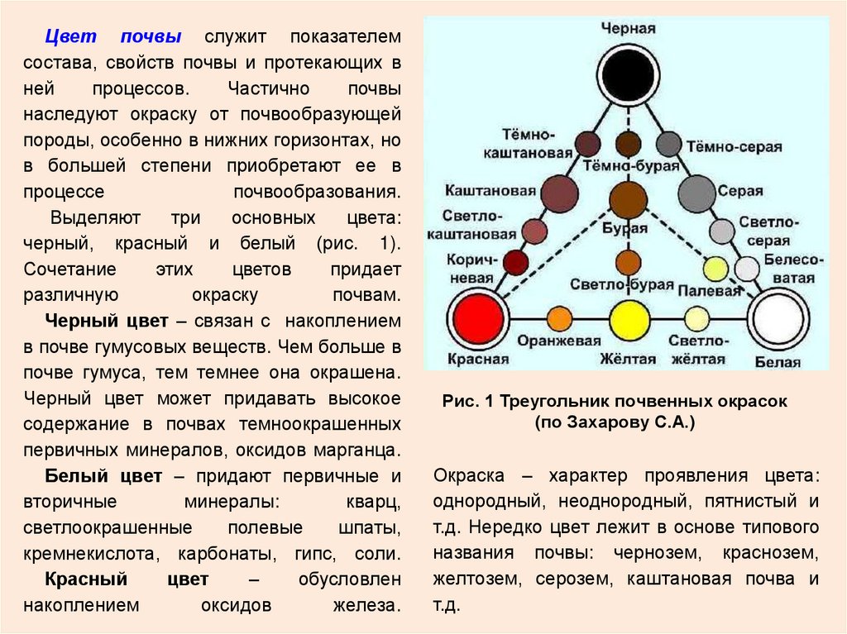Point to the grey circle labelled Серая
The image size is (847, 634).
click(x=696, y=193)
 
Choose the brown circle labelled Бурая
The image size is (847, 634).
click(x=628, y=199)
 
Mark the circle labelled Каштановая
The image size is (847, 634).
click(x=559, y=193)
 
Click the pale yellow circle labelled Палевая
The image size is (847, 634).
click(x=715, y=269)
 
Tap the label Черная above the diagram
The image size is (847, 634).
click(x=628, y=27)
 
